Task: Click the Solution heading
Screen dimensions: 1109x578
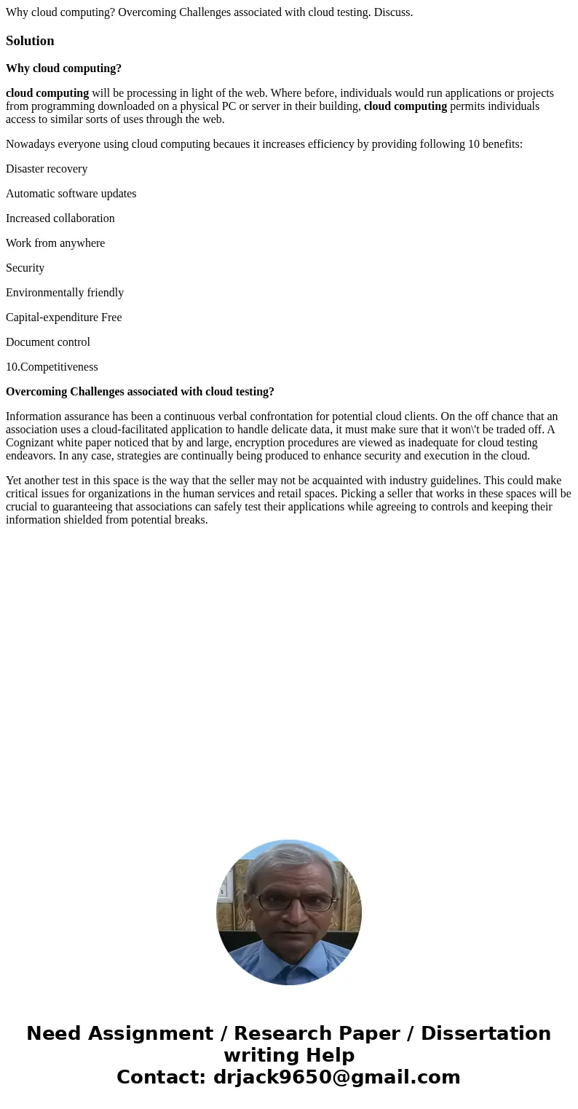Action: click(x=30, y=41)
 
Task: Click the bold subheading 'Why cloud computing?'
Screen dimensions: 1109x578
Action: click(x=63, y=68)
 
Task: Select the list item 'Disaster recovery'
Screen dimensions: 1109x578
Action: click(x=47, y=169)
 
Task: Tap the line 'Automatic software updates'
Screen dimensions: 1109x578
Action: click(x=71, y=194)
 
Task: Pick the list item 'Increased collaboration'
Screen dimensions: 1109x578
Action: click(x=60, y=218)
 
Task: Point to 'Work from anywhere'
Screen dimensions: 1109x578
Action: click(x=55, y=243)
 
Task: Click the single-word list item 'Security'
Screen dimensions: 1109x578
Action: click(x=25, y=268)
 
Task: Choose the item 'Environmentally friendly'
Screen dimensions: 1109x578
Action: click(x=65, y=293)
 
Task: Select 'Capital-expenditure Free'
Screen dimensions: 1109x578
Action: click(x=63, y=317)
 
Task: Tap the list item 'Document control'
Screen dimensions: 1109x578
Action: click(x=48, y=342)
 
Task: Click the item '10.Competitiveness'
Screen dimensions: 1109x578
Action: click(x=52, y=367)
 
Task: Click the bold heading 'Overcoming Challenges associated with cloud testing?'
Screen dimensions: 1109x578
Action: click(x=140, y=392)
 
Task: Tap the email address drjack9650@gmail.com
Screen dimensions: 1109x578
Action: click(x=336, y=1077)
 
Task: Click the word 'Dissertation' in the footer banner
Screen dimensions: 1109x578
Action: click(x=486, y=1033)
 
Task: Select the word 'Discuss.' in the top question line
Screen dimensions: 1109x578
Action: click(x=392, y=12)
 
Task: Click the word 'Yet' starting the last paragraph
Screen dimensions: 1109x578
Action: click(x=15, y=481)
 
